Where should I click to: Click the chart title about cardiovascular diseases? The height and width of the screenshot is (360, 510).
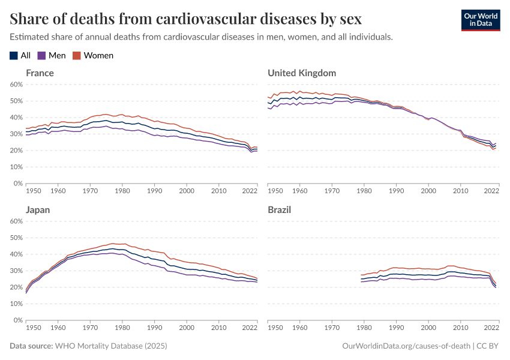(185, 19)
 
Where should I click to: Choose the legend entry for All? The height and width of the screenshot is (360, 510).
(20, 55)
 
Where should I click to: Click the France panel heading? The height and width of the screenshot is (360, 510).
(40, 73)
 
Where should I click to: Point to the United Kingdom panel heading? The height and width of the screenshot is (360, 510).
(301, 73)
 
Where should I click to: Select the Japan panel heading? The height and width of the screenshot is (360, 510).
(38, 210)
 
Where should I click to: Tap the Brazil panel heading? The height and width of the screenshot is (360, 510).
(280, 210)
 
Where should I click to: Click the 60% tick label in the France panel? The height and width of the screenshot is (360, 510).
(14, 85)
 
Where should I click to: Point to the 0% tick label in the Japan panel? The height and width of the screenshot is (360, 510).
(16, 320)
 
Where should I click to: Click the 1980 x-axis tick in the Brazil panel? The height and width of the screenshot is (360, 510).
(364, 328)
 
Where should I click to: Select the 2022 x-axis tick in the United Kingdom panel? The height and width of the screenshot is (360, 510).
(491, 191)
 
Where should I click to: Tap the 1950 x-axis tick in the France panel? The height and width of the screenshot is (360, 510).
(33, 191)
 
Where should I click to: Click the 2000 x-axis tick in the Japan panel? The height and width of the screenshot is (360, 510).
(187, 328)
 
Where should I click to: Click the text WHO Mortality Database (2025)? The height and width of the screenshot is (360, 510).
(110, 346)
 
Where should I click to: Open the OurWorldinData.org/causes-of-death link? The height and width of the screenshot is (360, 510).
(406, 346)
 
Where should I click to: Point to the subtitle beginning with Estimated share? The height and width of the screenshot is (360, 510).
(201, 37)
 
